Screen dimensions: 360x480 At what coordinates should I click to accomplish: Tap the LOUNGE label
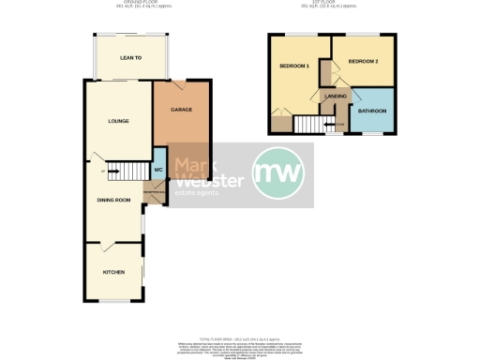click(117, 121)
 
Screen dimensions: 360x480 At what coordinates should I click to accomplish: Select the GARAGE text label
click(181, 110)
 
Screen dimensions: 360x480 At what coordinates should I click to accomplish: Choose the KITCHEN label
click(113, 272)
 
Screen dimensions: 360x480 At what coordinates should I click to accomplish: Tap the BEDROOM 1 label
click(293, 66)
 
